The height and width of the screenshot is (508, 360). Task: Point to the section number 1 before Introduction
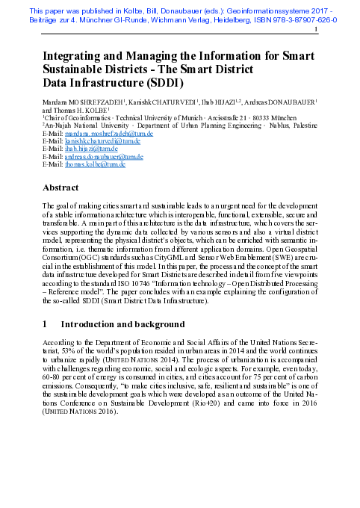click(x=46, y=325)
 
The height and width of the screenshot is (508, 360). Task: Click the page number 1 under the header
click(x=317, y=32)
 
